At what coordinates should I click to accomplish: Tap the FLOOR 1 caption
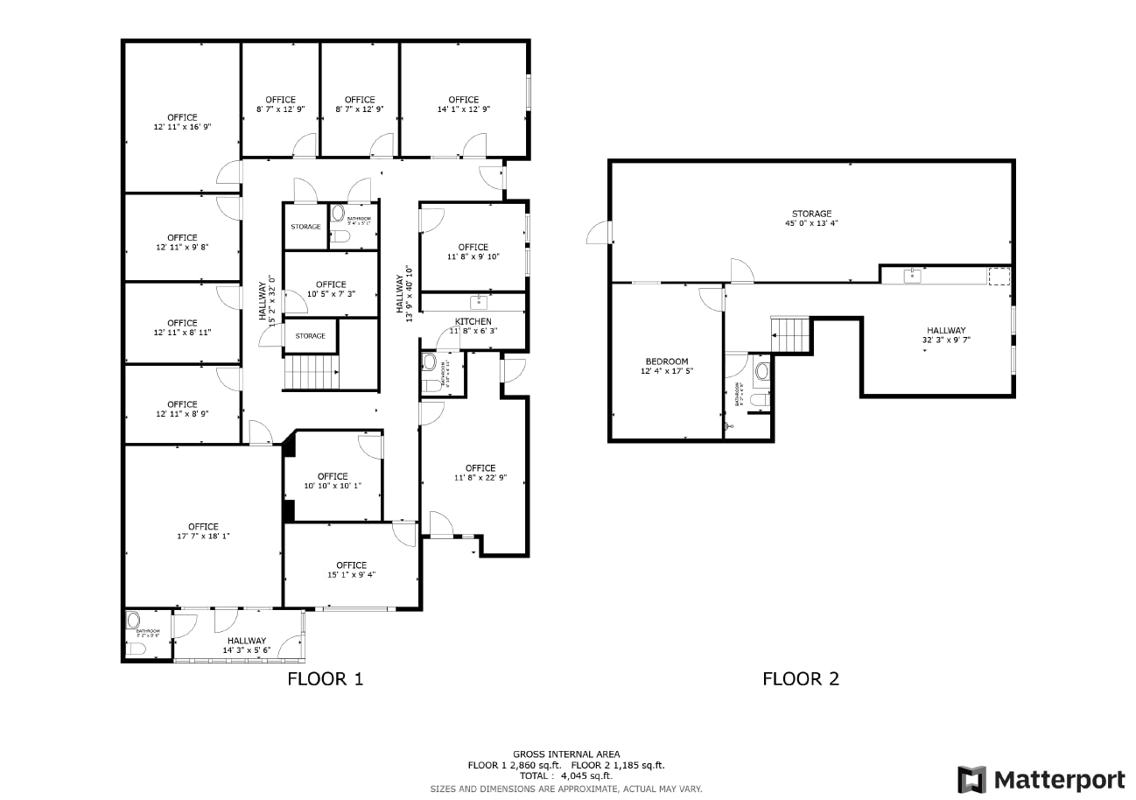[325, 678]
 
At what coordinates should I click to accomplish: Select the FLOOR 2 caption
[800, 678]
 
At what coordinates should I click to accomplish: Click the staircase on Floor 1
[312, 372]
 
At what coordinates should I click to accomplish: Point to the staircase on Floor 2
[791, 333]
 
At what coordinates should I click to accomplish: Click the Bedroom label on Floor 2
[666, 361]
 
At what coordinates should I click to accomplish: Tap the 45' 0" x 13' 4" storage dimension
[811, 224]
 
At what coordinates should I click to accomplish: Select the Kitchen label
[473, 321]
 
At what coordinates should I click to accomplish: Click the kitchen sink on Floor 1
[478, 303]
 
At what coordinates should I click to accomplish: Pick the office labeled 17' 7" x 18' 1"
[203, 531]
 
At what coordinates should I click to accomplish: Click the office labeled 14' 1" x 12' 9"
[463, 104]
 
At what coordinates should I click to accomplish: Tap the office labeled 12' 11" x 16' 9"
[182, 122]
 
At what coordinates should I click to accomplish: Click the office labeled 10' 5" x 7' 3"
[331, 289]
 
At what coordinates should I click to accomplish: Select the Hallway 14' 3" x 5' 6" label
[246, 646]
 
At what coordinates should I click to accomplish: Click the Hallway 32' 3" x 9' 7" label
[946, 335]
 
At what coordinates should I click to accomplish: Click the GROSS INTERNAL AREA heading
[565, 754]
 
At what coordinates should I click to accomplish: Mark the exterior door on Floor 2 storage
[599, 233]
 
